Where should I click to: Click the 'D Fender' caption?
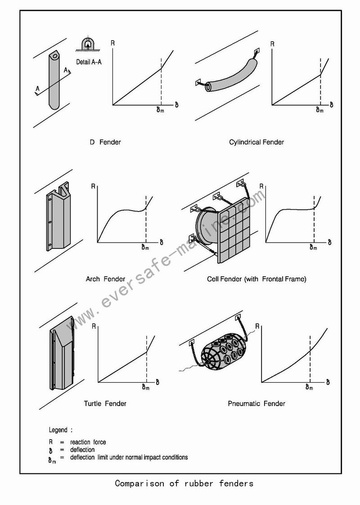pos(105,142)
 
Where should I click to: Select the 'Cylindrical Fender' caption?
pos(256,142)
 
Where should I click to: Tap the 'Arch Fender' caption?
pos(105,279)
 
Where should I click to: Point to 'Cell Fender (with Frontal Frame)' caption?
pos(256,279)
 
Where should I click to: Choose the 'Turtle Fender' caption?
pos(105,404)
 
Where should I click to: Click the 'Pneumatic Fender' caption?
pos(256,404)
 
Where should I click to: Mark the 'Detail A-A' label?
pos(89,62)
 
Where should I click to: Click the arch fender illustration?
pos(58,216)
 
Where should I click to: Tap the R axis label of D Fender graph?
pos(112,44)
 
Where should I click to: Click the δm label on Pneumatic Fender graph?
pos(309,387)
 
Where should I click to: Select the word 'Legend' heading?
pos(58,430)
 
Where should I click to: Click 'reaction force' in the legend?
pos(88,442)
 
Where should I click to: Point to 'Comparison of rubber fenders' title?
pos(184,484)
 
